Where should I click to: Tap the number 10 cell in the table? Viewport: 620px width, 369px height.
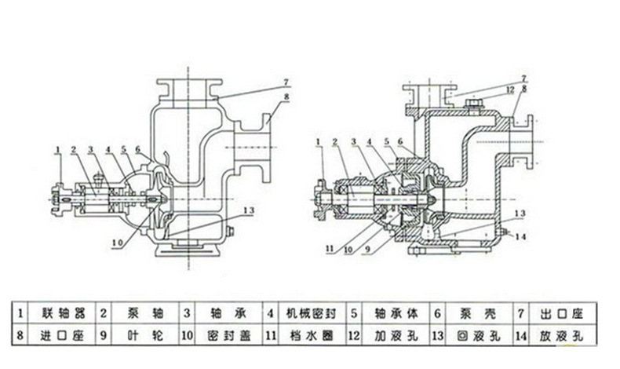187,335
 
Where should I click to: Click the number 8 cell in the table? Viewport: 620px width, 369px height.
22,335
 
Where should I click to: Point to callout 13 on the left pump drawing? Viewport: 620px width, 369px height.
249,210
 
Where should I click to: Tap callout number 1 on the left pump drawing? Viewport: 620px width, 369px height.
58,148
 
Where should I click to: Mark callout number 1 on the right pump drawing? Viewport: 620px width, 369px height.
319,141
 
